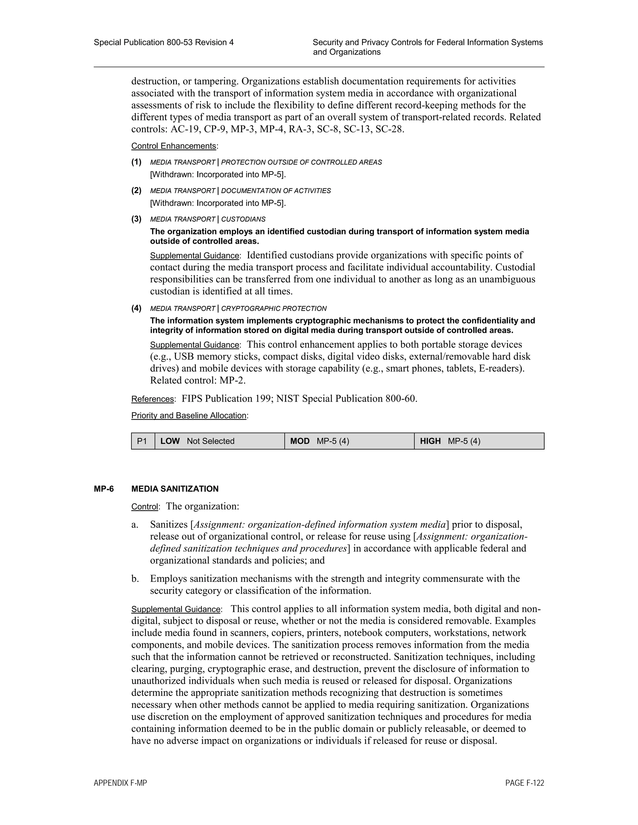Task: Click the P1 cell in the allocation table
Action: (x=142, y=441)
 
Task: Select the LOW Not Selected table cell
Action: (x=219, y=441)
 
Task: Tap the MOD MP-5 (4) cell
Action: (x=349, y=441)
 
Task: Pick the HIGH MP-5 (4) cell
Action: (x=479, y=441)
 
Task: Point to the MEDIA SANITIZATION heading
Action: (x=175, y=489)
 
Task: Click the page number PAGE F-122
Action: (x=524, y=783)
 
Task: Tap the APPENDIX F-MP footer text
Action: (x=120, y=783)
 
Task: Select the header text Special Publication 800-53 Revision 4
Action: (x=163, y=42)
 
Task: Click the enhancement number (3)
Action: (x=136, y=219)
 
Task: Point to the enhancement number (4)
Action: (x=136, y=308)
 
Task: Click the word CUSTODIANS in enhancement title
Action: (x=243, y=219)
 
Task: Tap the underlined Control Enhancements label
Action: (x=174, y=146)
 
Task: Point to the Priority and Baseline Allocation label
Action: (x=189, y=416)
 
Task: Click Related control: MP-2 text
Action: (x=198, y=380)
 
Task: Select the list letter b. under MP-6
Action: (x=135, y=579)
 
